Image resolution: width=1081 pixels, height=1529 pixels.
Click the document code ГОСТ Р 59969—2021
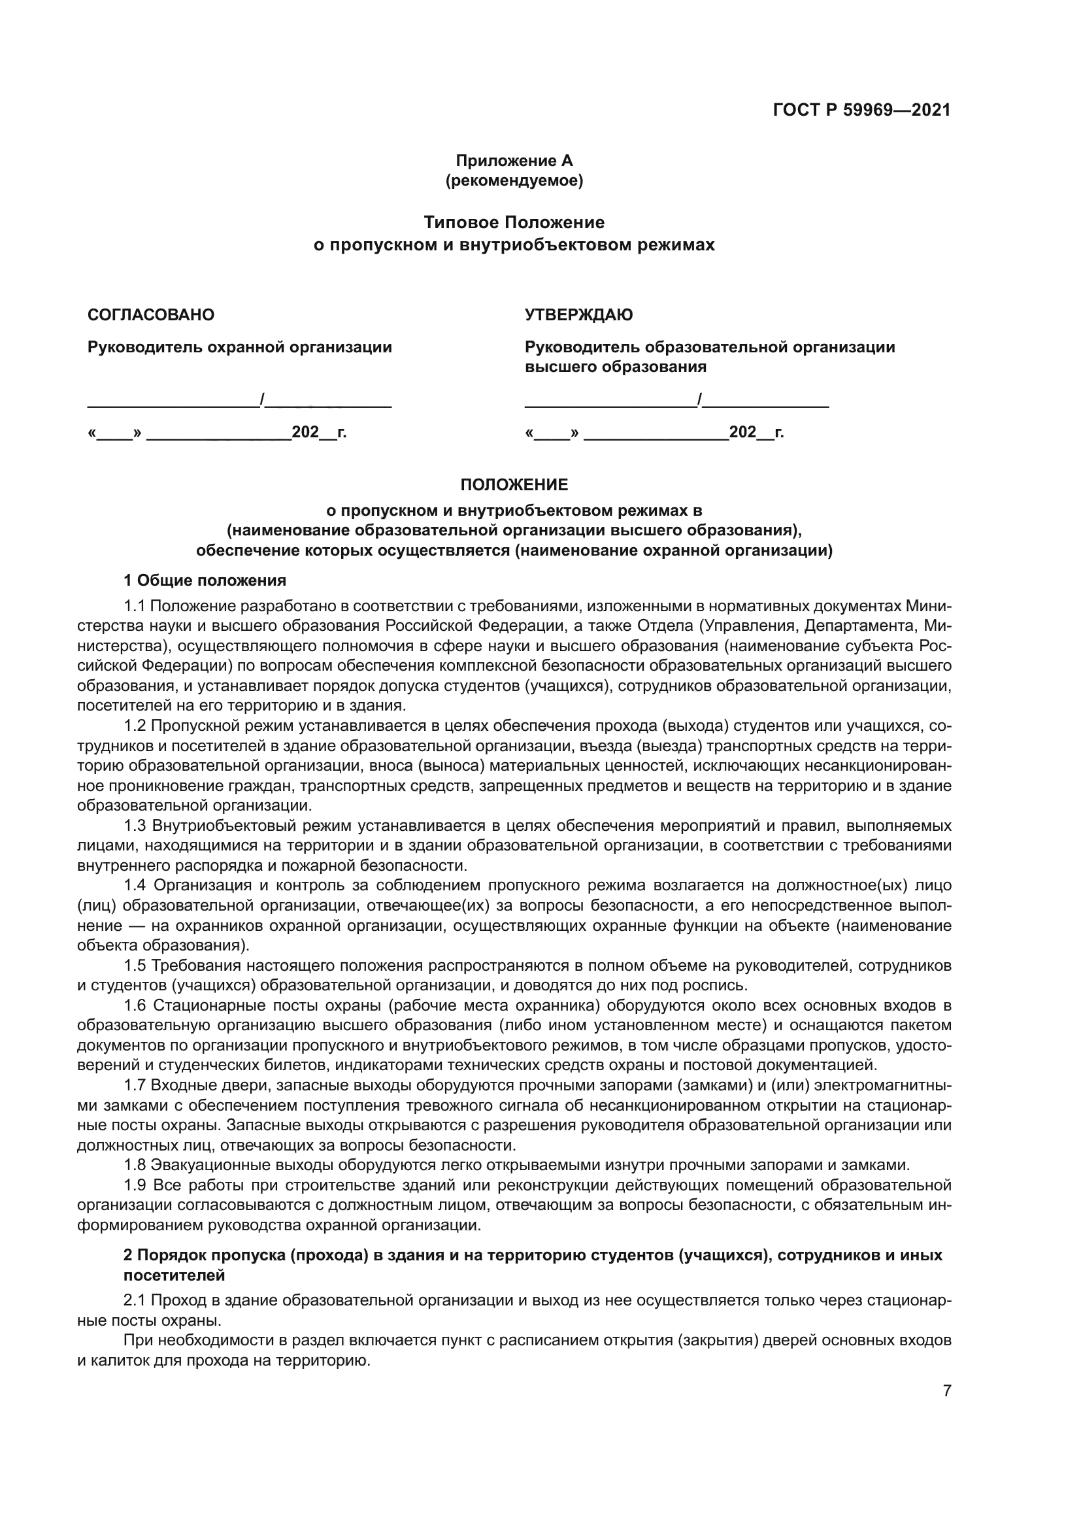861,110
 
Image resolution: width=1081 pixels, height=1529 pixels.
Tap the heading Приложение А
514,161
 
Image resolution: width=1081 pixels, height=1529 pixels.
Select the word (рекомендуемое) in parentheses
514,180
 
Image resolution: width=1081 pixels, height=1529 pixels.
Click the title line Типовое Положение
514,222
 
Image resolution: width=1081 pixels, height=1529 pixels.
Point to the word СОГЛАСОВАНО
151,315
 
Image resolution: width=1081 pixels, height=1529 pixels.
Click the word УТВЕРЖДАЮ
578,315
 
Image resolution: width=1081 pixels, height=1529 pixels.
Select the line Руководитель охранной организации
240,347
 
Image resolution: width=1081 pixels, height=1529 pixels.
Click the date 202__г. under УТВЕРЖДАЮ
756,432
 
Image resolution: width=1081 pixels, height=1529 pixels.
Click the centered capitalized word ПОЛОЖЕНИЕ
514,485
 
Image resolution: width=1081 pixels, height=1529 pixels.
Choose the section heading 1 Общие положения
205,580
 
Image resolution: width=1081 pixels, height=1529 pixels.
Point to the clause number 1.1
135,606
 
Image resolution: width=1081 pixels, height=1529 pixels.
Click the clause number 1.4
135,885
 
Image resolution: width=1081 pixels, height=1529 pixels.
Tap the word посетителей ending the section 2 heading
175,1275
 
